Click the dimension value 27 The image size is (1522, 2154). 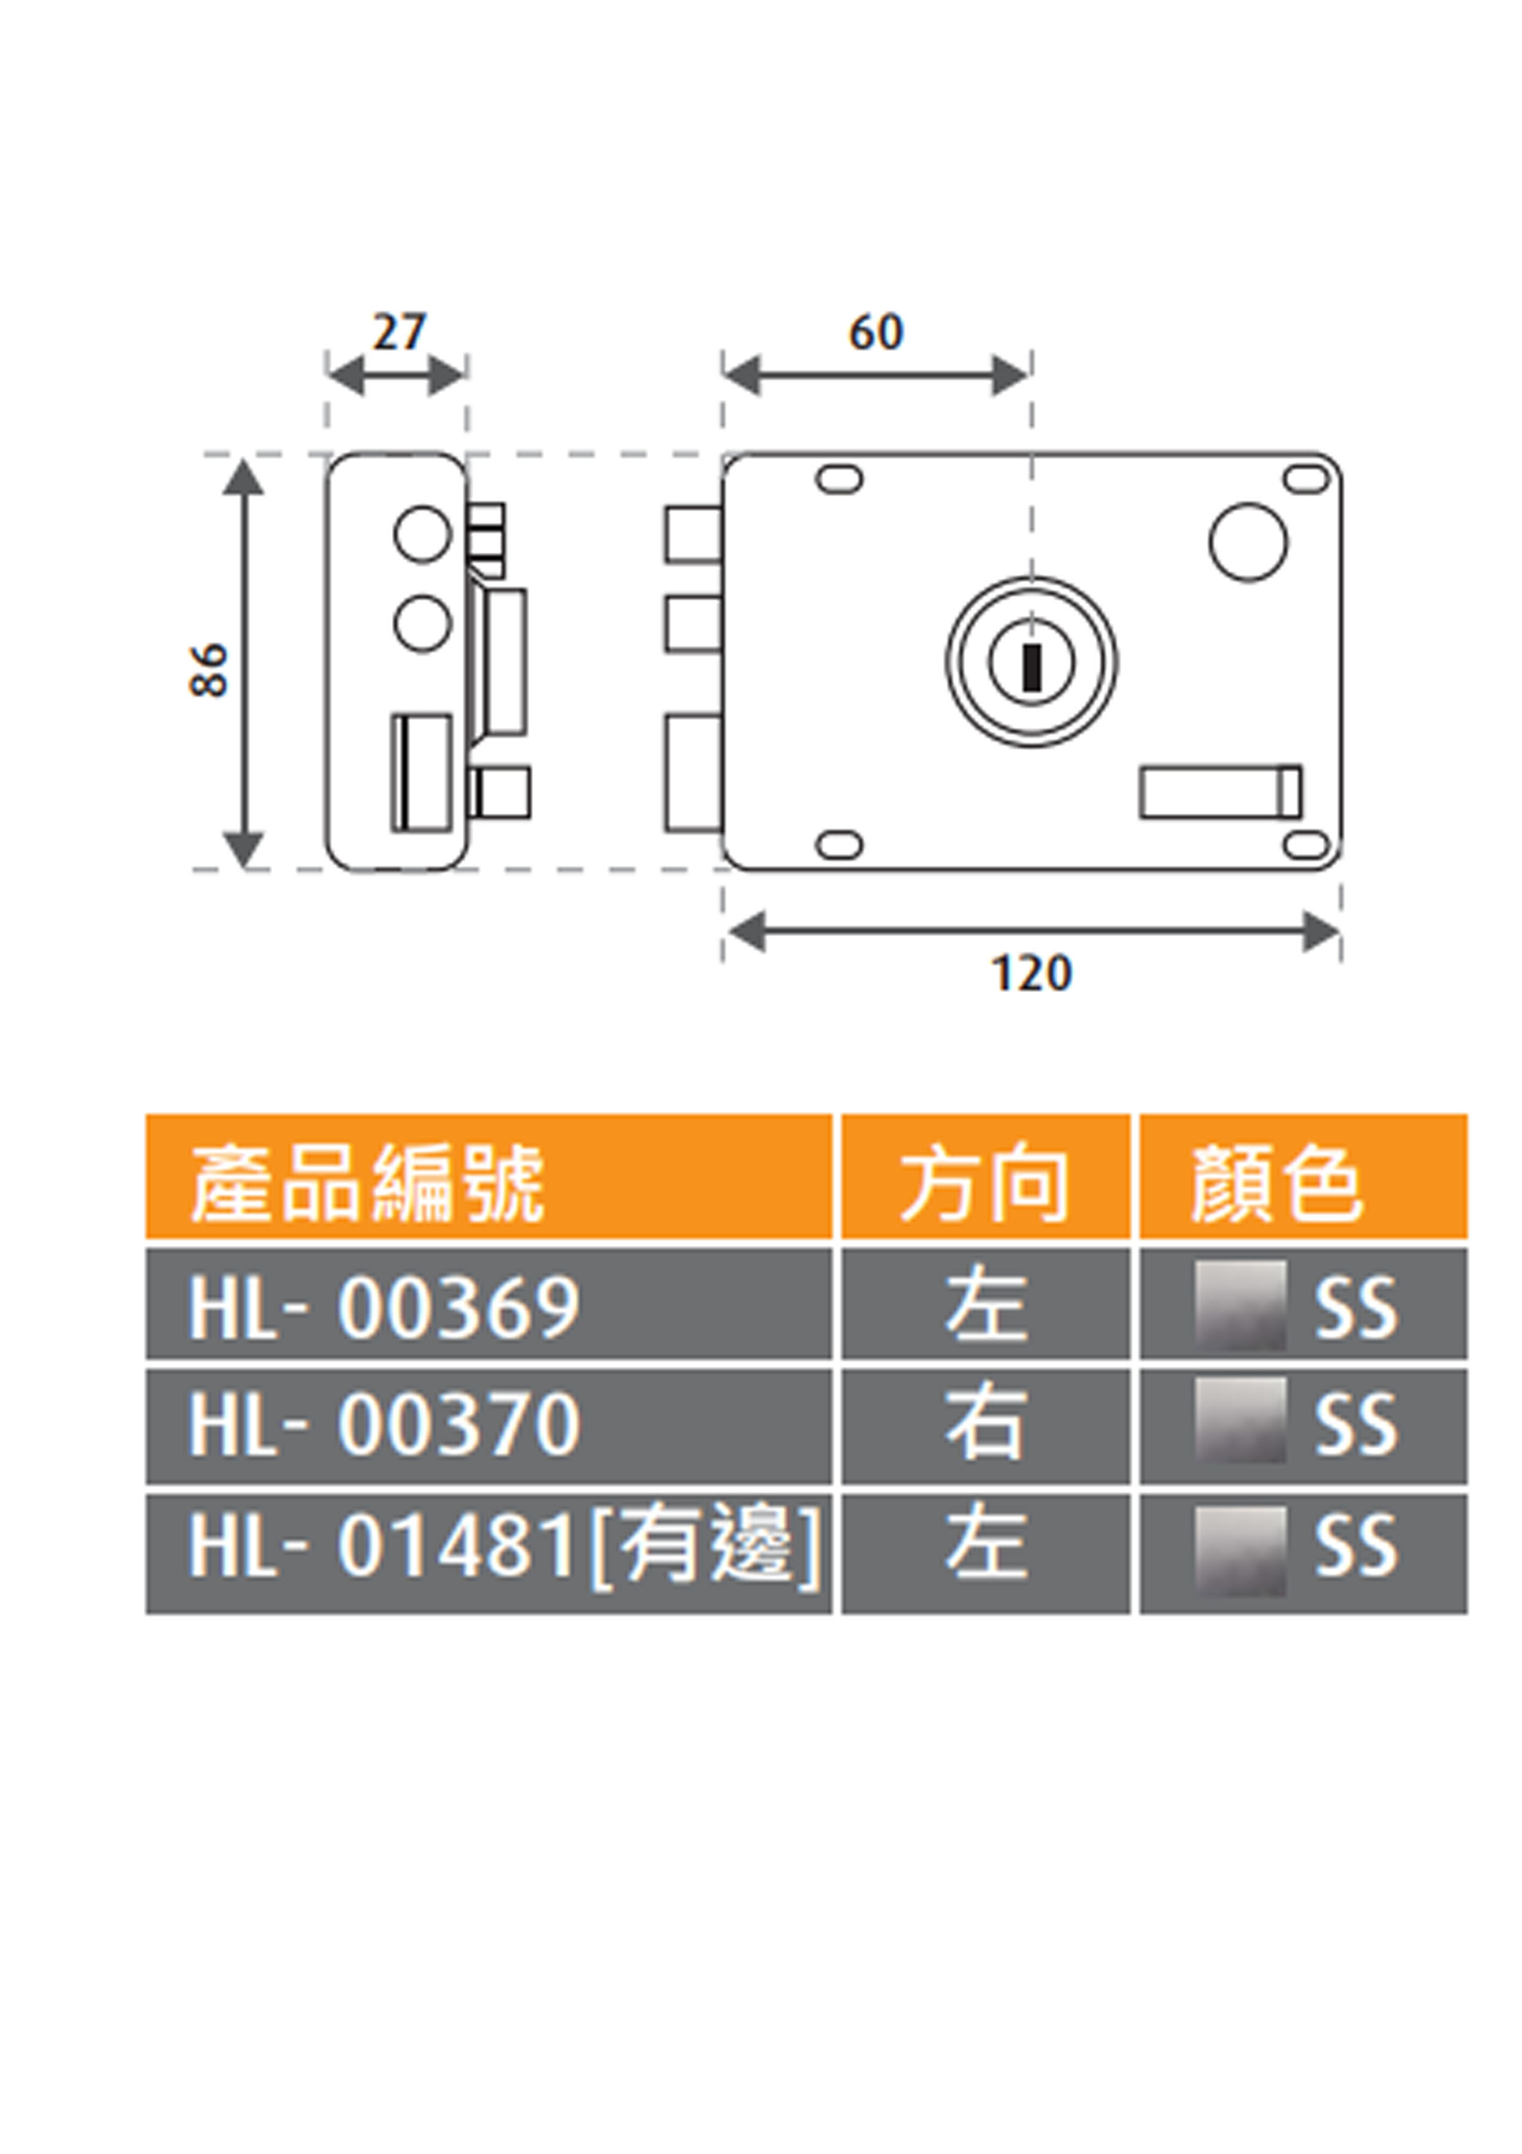(400, 332)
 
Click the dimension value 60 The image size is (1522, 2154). (876, 332)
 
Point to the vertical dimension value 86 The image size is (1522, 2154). (208, 670)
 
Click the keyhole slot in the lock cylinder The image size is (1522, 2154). (1032, 667)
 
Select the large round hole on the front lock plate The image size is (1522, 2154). (1248, 542)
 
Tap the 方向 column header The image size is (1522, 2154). (984, 1184)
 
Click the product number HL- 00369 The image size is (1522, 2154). (384, 1307)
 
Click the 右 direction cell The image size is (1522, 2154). (984, 1423)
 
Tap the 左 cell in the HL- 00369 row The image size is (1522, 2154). (984, 1307)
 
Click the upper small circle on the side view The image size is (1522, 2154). (422, 534)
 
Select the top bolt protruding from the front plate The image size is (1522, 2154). (693, 535)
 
